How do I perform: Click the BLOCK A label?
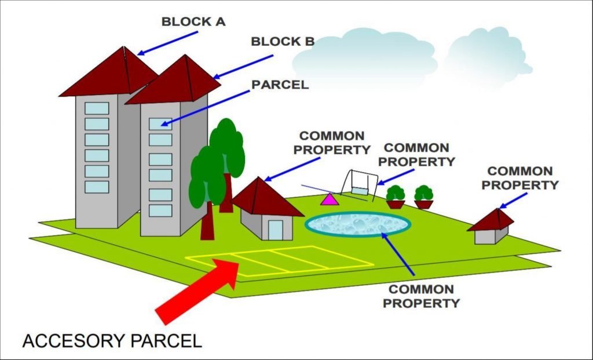[x=193, y=22]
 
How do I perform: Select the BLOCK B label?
[x=283, y=42]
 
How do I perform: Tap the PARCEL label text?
[x=280, y=85]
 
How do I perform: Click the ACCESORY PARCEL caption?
[x=112, y=340]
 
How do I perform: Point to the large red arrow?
[x=197, y=289]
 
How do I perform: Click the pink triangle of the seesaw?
[x=329, y=200]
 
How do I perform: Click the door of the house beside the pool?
[x=275, y=229]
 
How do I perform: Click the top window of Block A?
[x=97, y=108]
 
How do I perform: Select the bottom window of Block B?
[x=160, y=210]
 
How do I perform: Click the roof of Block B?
[x=174, y=81]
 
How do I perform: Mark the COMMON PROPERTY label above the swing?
[x=420, y=155]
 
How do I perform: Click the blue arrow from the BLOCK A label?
[x=168, y=43]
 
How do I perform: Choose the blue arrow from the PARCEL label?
[x=204, y=108]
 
